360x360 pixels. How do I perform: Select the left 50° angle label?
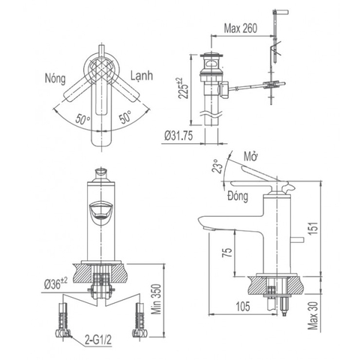tap(84, 118)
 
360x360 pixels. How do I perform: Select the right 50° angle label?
tap(124, 118)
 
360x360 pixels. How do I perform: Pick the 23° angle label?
tap(218, 166)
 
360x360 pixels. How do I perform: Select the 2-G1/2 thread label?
tap(100, 339)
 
